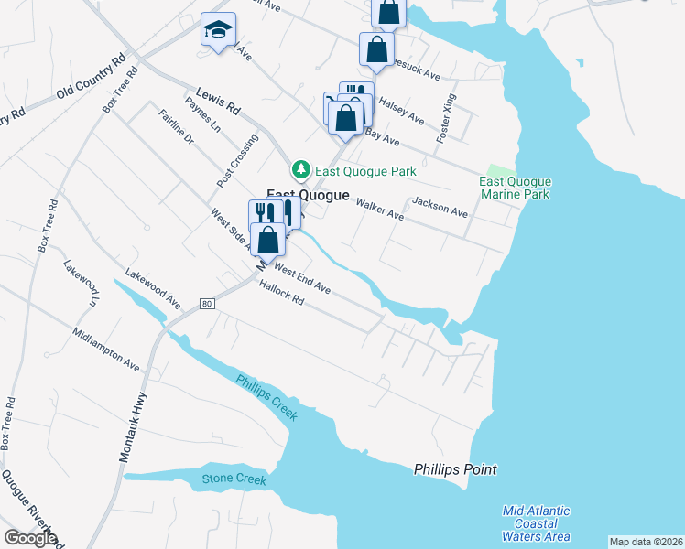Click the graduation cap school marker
tap(218, 31)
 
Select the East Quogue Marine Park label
tap(515, 188)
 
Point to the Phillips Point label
tap(455, 469)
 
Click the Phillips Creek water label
tap(266, 397)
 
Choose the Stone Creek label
tap(234, 479)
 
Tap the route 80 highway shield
tap(208, 304)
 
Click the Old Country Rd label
tap(90, 78)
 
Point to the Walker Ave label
tap(379, 210)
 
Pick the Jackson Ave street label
tap(440, 207)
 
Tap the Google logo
tap(30, 538)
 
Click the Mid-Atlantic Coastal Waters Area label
tap(537, 523)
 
